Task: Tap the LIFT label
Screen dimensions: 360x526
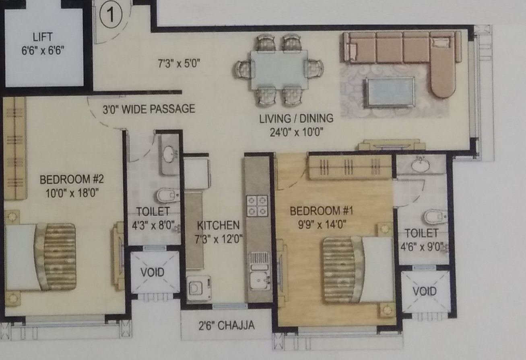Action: (43, 37)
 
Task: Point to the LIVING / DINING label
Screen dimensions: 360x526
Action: (296, 118)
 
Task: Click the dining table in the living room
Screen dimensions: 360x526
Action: (279, 69)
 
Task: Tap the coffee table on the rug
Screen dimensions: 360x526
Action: (389, 92)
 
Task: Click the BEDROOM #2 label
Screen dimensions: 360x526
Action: (69, 179)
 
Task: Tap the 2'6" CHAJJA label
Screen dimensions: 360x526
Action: (226, 325)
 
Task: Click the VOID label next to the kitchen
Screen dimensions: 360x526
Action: (153, 272)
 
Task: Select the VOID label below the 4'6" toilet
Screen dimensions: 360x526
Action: (425, 291)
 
